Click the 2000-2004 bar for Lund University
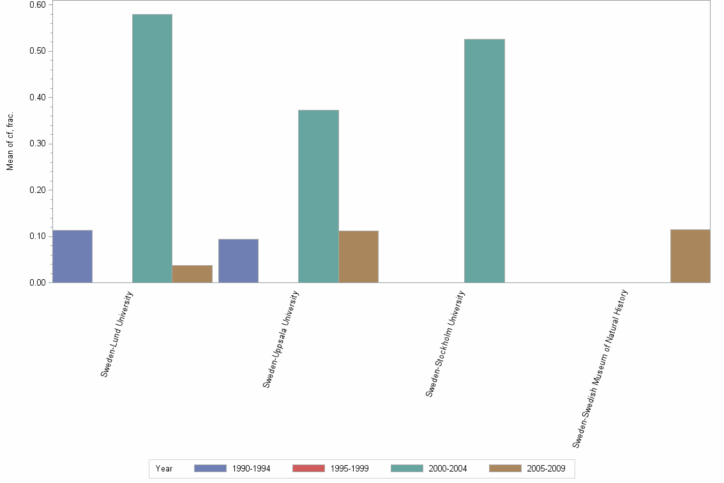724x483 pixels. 152,148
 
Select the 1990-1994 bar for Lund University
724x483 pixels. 72,256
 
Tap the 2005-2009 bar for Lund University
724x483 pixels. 192,273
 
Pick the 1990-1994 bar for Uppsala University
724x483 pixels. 238,261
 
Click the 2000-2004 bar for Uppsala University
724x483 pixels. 318,196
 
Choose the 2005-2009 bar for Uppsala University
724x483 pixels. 358,256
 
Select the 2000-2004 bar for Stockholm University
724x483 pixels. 484,160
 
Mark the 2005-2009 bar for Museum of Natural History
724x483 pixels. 690,256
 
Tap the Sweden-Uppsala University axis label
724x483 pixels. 281,339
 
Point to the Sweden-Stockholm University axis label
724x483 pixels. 446,344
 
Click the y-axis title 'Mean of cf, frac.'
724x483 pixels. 10,142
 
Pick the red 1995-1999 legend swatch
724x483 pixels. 308,468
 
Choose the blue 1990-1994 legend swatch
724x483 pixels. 210,468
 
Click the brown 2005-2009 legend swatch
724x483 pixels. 505,468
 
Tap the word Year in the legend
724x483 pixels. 164,468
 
